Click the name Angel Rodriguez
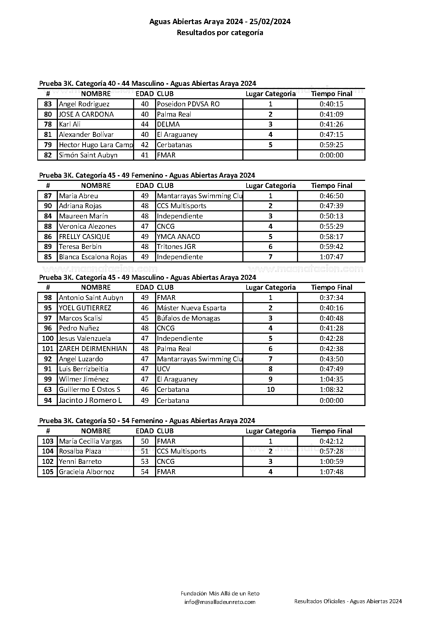coord(84,104)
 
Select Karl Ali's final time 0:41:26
coord(331,124)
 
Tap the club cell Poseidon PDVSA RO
coord(188,104)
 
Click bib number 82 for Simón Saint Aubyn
coord(48,155)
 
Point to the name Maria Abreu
coord(78,196)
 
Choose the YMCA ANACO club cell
coord(178,237)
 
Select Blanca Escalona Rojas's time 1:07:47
coord(331,257)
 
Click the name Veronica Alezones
coord(87,226)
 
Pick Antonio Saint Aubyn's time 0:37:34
coord(331,298)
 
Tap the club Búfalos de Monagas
coord(188,318)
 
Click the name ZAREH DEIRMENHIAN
coord(93,349)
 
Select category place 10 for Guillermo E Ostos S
coord(270,389)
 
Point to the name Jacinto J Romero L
coord(90,400)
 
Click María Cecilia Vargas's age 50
coord(145,441)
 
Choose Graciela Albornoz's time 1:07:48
coord(331,472)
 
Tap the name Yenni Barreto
coord(80,461)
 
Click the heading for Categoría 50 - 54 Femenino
coord(147,421)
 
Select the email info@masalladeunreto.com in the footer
coord(220,602)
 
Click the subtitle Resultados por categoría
coord(220,33)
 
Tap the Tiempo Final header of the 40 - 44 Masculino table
coord(331,94)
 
